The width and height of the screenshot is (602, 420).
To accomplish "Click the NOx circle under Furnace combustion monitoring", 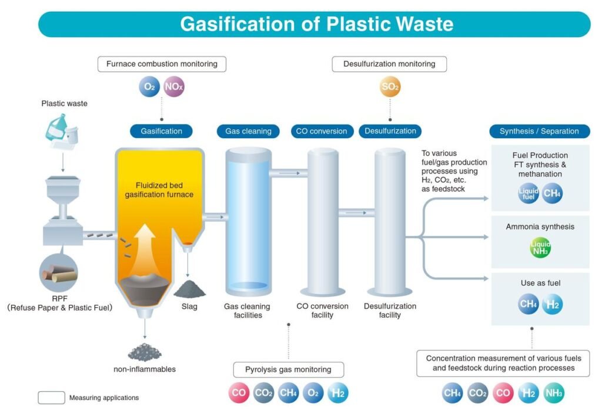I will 175,88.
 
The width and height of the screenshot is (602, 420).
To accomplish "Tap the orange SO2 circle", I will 390,88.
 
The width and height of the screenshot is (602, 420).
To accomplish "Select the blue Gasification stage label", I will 162,131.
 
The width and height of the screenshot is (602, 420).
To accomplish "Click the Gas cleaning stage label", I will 248,131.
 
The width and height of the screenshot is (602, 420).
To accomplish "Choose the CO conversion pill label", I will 322,131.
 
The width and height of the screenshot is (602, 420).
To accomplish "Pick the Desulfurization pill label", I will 390,131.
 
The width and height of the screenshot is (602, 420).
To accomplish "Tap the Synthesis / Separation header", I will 539,131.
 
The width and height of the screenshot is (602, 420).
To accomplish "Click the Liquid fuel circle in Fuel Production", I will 528,193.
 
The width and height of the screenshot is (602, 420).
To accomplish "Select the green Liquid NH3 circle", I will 540,248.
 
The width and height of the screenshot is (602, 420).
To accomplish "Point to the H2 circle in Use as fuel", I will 553,304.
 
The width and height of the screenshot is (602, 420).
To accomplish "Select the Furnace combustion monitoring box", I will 162,64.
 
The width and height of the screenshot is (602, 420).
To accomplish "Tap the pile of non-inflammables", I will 145,351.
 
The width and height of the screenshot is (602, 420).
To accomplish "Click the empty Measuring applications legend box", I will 51,398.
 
